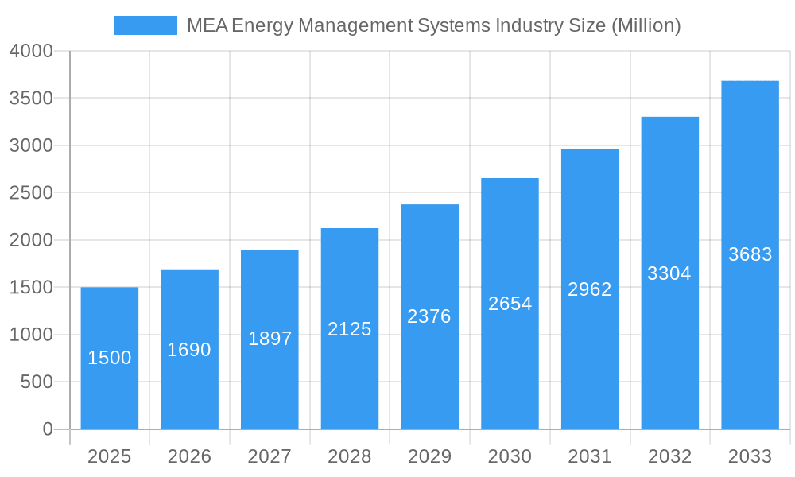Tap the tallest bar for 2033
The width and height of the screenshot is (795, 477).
pos(750,254)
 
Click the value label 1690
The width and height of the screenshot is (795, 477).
pos(189,350)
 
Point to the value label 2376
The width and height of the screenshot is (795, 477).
pos(429,316)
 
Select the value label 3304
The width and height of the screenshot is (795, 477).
pos(669,273)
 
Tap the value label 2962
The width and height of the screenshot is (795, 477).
pos(590,289)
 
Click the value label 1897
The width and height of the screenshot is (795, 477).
pos(270,339)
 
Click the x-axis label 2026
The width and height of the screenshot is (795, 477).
pos(189,456)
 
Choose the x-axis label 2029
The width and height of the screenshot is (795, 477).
pos(429,456)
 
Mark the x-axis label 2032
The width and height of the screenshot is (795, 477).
pos(669,456)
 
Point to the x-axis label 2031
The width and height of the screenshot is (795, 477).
pos(590,456)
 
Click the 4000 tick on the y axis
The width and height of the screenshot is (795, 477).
pos(31,51)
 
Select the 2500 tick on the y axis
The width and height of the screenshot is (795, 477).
pos(31,193)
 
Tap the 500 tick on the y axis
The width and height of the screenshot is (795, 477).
pos(37,382)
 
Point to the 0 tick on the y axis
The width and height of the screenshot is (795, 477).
pos(47,429)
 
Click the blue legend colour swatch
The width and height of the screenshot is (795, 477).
pos(145,25)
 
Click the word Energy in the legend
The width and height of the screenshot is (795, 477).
pos(262,25)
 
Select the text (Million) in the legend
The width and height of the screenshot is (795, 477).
pos(646,25)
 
